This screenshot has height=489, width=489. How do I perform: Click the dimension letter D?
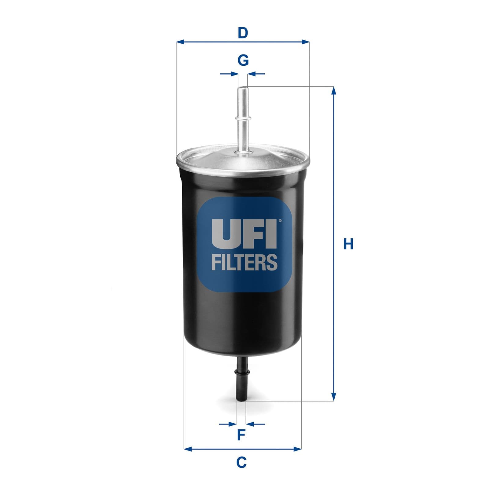point(243,33)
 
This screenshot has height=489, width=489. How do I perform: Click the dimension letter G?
point(243,60)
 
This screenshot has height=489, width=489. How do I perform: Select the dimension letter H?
point(348,244)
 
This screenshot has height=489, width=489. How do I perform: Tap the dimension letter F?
point(241,435)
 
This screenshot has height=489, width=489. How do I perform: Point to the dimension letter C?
point(241,462)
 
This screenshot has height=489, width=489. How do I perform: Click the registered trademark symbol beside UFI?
point(279,220)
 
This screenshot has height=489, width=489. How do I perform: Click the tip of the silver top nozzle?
point(243,88)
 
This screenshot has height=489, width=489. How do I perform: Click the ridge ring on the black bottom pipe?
point(242,372)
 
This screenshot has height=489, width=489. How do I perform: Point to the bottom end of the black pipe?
point(242,400)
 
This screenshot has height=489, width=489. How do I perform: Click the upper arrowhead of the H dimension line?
point(334,90)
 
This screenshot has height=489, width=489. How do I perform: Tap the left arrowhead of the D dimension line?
point(181,42)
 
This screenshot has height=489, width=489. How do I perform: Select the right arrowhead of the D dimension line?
point(305,42)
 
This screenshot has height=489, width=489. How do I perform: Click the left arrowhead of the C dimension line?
point(188,449)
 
